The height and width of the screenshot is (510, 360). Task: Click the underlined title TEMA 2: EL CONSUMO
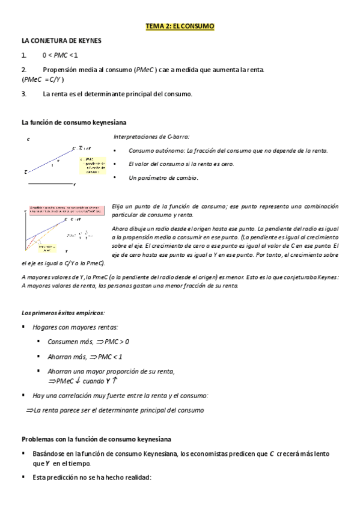pos(179,27)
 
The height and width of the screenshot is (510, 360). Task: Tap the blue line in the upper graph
pos(51,159)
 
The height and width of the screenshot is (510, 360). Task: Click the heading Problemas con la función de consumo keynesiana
pos(96,438)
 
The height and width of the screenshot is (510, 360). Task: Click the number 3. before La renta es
pos(24,94)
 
